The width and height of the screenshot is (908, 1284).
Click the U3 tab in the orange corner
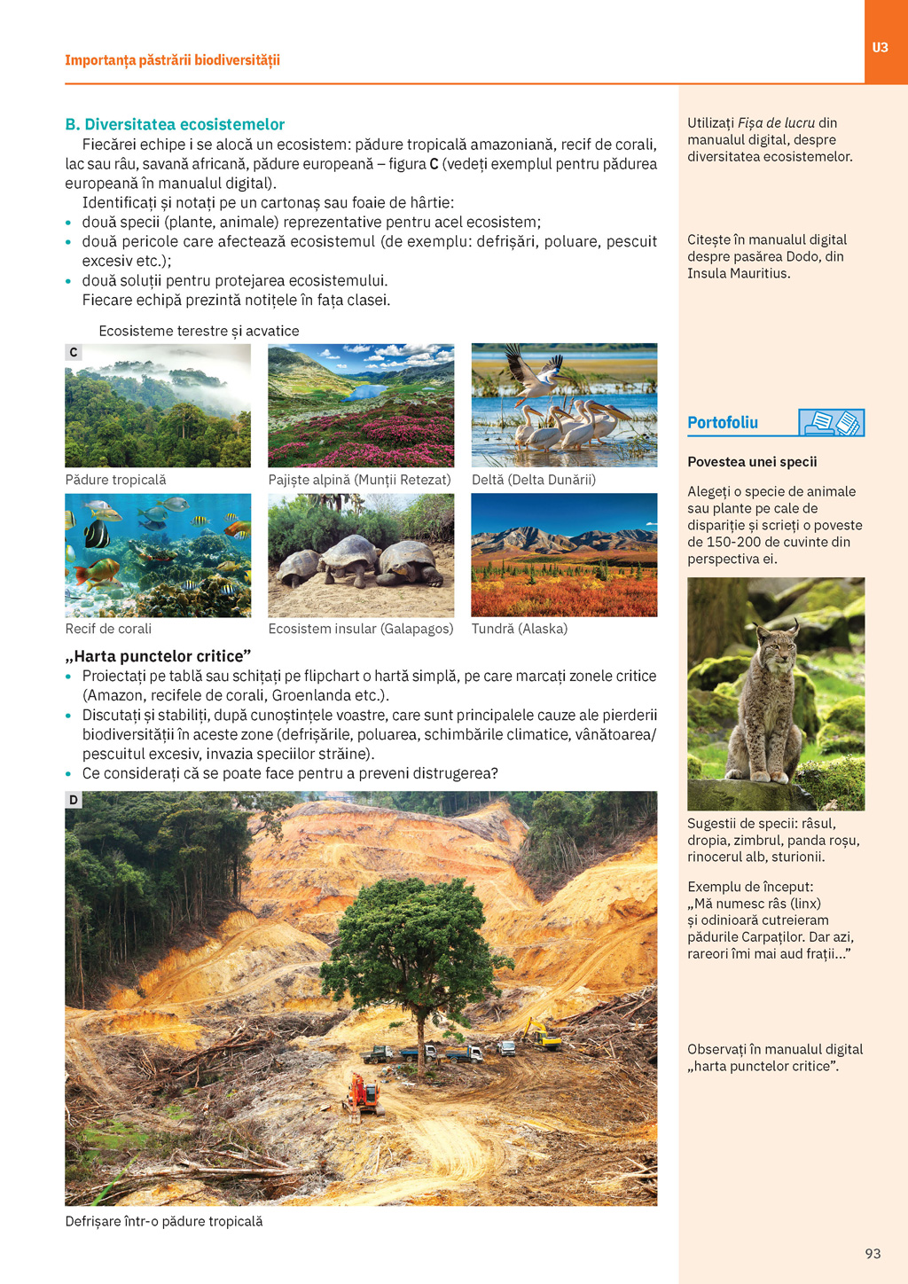point(880,48)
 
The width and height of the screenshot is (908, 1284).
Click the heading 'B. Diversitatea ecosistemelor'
point(175,124)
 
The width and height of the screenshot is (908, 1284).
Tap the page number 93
point(873,1253)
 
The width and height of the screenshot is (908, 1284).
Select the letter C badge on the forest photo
point(74,352)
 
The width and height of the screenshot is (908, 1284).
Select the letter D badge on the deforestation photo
point(74,800)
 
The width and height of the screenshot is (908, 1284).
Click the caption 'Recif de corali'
point(108,629)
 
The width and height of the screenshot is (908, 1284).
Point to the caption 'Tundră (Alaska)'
point(519,629)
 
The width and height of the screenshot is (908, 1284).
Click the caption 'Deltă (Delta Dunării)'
point(533,480)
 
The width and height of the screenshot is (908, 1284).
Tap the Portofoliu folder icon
point(831,423)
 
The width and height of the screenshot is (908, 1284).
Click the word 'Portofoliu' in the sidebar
point(723,423)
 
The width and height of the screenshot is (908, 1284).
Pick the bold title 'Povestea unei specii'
point(752,462)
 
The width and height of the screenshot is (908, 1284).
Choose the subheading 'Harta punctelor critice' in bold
point(158,656)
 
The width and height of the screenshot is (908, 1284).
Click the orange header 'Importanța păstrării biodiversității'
point(172,60)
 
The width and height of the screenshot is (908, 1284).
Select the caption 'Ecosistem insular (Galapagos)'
point(361,629)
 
